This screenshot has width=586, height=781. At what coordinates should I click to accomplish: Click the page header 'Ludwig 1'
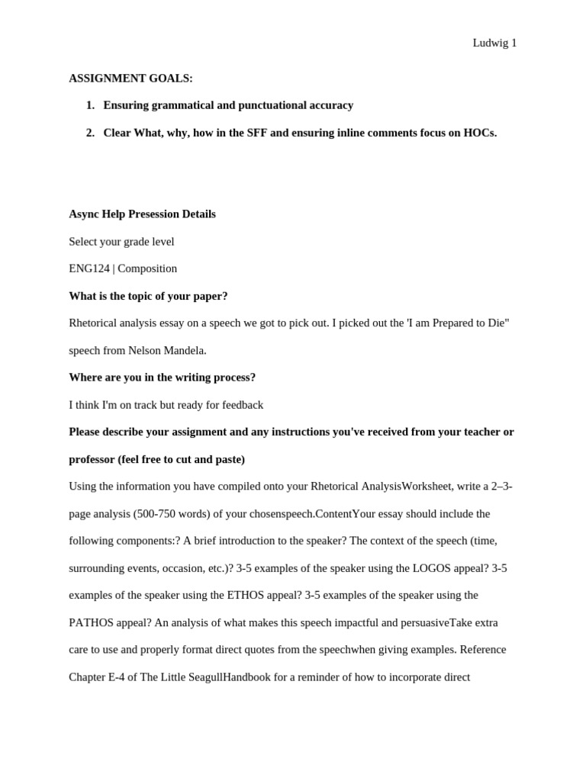pyautogui.click(x=494, y=43)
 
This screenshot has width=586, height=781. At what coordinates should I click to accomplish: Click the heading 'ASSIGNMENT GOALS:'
pyautogui.click(x=130, y=79)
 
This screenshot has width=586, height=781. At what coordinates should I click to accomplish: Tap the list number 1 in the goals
pyautogui.click(x=90, y=105)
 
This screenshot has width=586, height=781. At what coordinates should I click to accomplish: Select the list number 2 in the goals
pyautogui.click(x=90, y=133)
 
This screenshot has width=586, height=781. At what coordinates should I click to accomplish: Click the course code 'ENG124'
pyautogui.click(x=89, y=268)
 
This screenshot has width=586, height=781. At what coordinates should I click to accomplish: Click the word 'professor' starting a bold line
pyautogui.click(x=92, y=459)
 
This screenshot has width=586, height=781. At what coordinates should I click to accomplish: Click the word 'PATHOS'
pyautogui.click(x=92, y=622)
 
